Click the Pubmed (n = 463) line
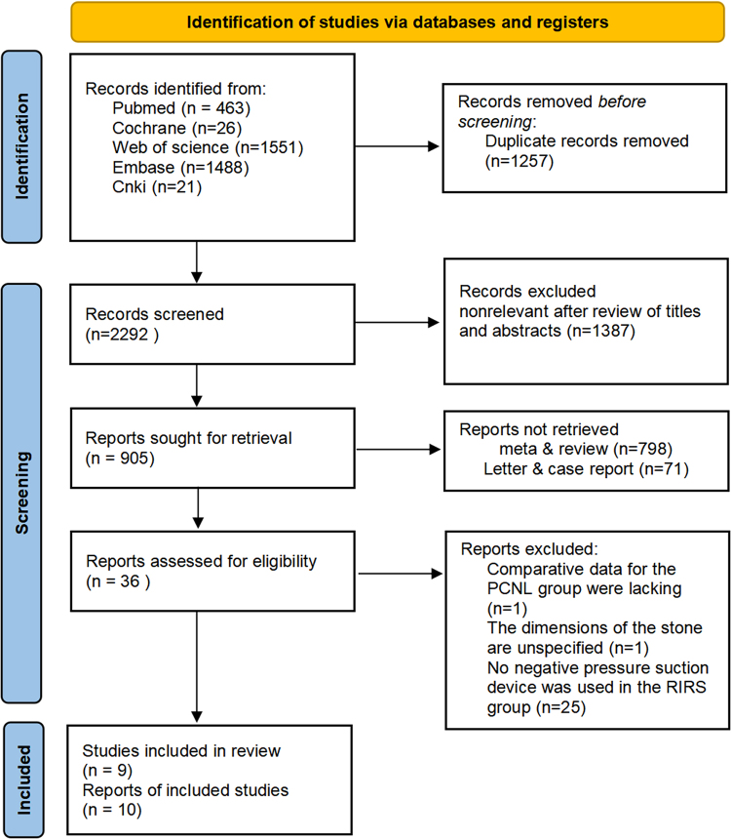[x=181, y=108]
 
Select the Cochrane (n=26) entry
[x=177, y=128]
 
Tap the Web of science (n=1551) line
[x=208, y=147]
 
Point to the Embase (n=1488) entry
[x=180, y=168]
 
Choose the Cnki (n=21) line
[x=157, y=187]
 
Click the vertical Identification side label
[x=21, y=146]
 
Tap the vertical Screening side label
[x=21, y=493]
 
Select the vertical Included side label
[x=23, y=780]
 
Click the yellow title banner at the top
[x=398, y=21]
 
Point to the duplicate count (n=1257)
[x=519, y=161]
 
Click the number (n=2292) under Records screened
[x=122, y=335]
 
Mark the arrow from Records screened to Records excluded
[x=397, y=323]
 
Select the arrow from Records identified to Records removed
[x=397, y=146]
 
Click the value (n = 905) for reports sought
[x=120, y=458]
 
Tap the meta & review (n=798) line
[x=586, y=449]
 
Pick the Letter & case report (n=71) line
[x=586, y=468]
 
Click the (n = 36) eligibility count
[x=118, y=581]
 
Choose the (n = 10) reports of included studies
[x=112, y=810]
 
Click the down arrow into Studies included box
[x=197, y=666]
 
